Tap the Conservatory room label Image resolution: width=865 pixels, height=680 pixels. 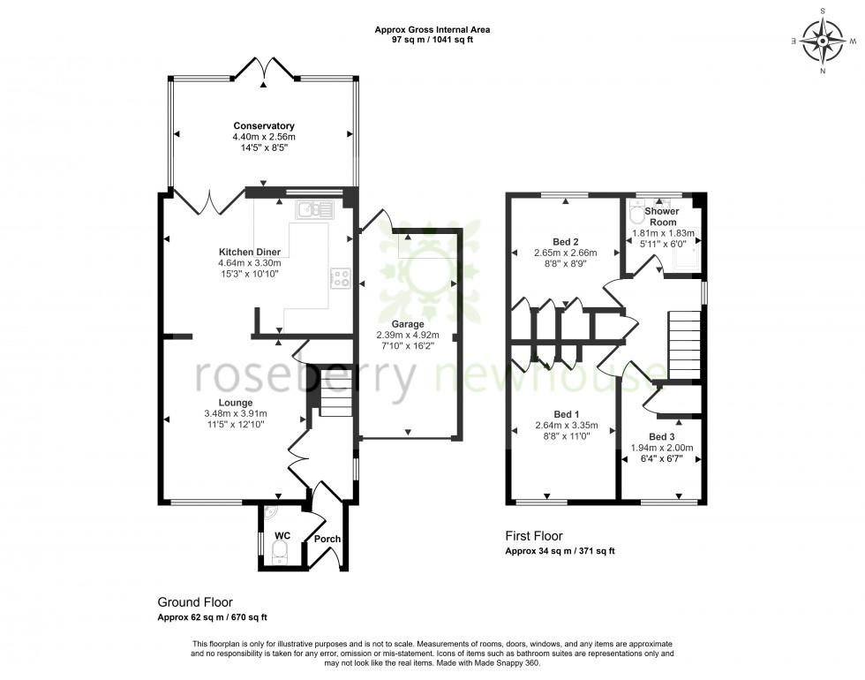click(263, 126)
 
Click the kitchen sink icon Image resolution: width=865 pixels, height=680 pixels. click(314, 209)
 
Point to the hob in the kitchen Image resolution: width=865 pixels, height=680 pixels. click(341, 279)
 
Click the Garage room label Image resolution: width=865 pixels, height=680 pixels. click(408, 324)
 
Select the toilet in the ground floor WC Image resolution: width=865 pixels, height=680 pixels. click(280, 553)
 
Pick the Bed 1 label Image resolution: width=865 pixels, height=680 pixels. click(566, 414)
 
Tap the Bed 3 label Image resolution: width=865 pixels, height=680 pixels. click(662, 437)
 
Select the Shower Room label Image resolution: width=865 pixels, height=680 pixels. click(661, 217)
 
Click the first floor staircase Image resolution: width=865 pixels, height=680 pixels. click(685, 344)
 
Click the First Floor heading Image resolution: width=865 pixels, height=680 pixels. click(533, 535)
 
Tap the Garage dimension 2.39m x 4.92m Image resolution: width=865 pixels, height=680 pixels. click(408, 336)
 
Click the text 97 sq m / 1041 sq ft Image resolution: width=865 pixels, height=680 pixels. click(432, 41)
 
